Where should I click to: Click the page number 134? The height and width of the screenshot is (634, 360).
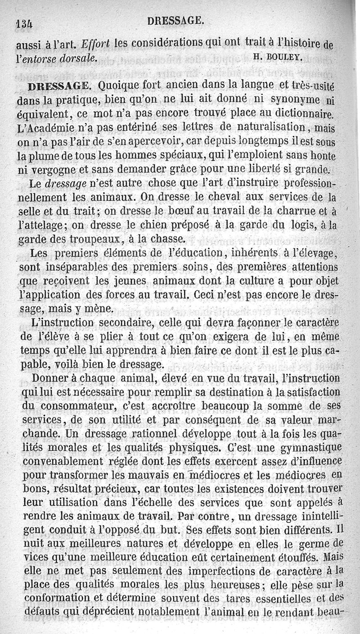(25, 22)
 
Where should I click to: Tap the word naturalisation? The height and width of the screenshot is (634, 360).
(265, 127)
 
